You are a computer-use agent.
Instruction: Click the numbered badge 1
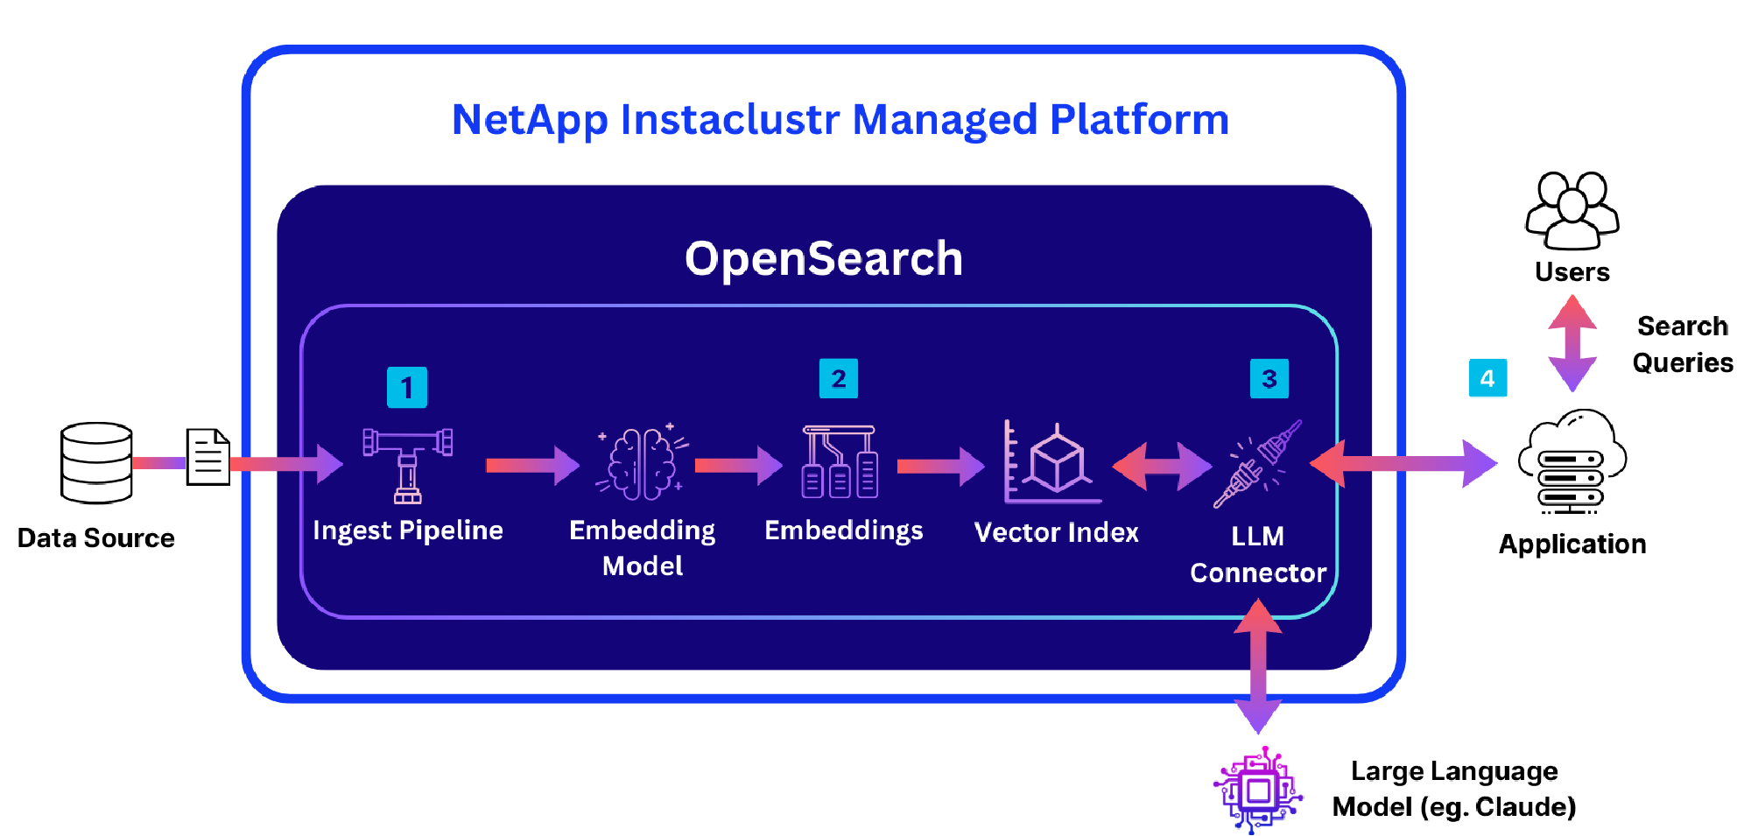pos(407,387)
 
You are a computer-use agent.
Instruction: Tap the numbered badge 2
pos(838,378)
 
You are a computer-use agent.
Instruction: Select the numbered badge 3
pos(1269,378)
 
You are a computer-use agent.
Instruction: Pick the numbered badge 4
pos(1487,378)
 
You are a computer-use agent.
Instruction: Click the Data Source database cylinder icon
pos(96,463)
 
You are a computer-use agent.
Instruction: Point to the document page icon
pos(207,456)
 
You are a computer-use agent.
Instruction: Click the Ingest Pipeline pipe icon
pos(408,465)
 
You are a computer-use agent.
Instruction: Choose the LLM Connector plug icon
pos(1257,464)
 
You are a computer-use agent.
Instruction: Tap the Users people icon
pos(1572,211)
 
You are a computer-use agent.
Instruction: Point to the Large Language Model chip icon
pos(1258,790)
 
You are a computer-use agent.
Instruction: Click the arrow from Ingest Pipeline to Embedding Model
pos(531,465)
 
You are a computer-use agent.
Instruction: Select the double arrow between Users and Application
pos(1572,343)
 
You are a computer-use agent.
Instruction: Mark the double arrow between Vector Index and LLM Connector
pos(1162,466)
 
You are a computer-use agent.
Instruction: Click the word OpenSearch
pos(824,259)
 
